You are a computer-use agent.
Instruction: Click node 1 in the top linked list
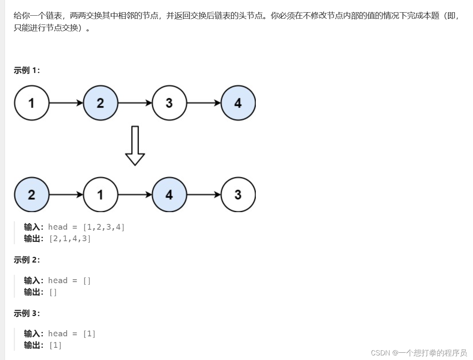[32, 103]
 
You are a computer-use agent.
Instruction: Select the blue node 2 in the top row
[100, 103]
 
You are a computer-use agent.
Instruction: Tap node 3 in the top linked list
[169, 103]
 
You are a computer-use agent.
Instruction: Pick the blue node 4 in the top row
[238, 103]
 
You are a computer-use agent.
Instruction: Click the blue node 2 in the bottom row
[32, 195]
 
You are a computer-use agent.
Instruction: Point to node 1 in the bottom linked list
[100, 195]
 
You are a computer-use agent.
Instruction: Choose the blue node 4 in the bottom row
[169, 195]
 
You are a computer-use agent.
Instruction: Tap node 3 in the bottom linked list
[238, 195]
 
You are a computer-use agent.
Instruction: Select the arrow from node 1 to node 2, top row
[66, 103]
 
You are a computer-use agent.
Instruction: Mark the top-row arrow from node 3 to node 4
[204, 103]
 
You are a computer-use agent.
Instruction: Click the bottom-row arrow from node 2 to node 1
[66, 195]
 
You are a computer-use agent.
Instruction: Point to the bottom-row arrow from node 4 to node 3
[204, 195]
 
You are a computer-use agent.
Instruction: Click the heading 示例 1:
[27, 70]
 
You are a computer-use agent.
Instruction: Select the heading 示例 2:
[27, 260]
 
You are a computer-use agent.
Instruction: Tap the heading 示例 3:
[27, 313]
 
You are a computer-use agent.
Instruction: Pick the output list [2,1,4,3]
[70, 239]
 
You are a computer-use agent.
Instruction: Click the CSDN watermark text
[419, 352]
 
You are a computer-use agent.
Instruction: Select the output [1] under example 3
[55, 345]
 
